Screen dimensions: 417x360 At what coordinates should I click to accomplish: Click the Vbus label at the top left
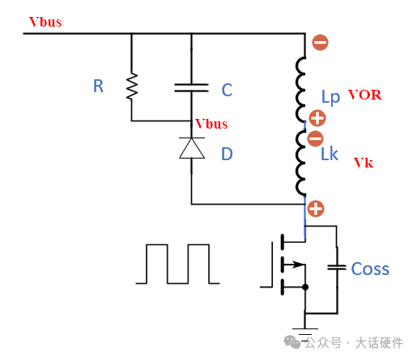(x=45, y=22)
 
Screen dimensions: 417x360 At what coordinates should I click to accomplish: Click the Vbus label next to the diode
(x=211, y=124)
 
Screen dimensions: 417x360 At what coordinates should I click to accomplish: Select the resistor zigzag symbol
(x=132, y=87)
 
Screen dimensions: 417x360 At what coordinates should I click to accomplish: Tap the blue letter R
(x=98, y=87)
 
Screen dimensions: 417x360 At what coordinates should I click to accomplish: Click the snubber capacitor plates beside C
(x=191, y=87)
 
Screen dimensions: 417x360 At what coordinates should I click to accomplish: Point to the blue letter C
(x=227, y=90)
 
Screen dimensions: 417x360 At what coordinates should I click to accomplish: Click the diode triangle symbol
(x=192, y=148)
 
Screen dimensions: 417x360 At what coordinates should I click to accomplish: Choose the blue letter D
(x=227, y=154)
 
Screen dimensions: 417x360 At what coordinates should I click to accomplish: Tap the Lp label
(x=330, y=97)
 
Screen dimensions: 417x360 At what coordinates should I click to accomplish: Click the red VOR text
(x=365, y=95)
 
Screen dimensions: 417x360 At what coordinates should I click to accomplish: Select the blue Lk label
(x=330, y=154)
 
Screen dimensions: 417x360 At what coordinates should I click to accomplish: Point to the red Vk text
(x=364, y=163)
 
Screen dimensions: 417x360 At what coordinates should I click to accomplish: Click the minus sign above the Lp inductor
(x=320, y=43)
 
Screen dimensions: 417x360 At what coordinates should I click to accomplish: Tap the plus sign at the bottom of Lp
(x=317, y=118)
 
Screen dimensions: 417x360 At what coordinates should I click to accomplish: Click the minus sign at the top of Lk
(x=315, y=138)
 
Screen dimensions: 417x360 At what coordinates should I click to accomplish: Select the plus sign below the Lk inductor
(x=316, y=209)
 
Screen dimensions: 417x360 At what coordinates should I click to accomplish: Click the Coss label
(x=370, y=269)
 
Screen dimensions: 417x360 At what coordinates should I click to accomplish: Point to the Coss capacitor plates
(x=337, y=267)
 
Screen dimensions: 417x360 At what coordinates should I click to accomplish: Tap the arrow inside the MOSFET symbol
(x=294, y=265)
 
